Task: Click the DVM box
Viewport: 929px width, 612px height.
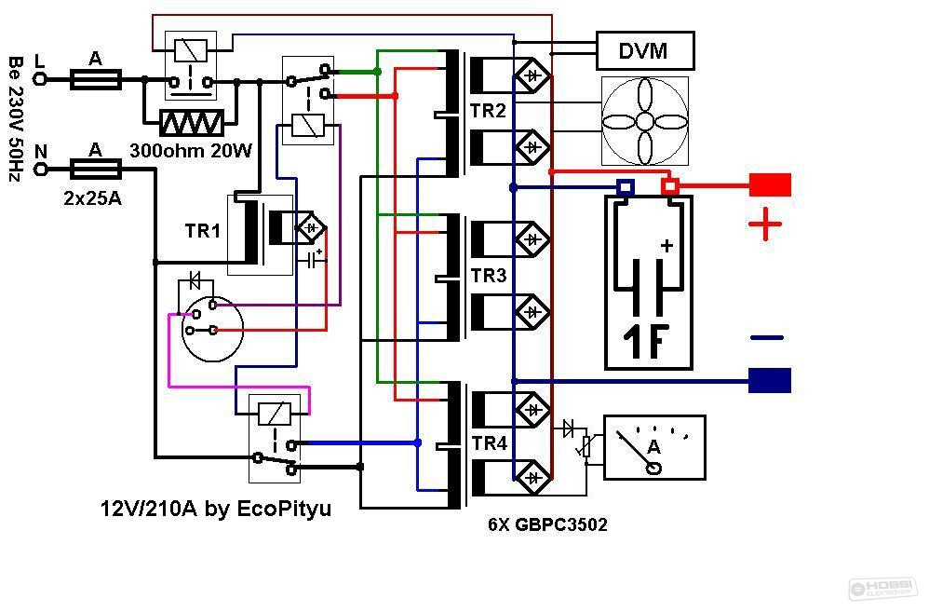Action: tap(644, 51)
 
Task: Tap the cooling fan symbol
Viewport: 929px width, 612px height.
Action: tap(644, 121)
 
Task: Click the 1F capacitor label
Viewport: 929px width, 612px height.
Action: tap(646, 341)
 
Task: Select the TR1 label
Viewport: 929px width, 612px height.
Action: tap(203, 231)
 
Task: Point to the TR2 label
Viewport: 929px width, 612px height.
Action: tap(488, 110)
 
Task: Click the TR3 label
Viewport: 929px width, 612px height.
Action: tap(489, 275)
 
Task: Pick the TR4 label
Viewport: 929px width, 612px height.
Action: tap(490, 443)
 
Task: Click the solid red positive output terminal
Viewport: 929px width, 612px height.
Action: tap(770, 185)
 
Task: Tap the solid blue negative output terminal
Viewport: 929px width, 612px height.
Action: tap(770, 381)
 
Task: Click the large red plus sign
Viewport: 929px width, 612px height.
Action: tap(765, 224)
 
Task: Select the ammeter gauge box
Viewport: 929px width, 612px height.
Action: tap(654, 448)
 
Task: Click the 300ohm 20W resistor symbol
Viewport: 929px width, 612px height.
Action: tap(192, 123)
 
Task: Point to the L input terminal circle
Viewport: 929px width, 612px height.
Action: tap(40, 79)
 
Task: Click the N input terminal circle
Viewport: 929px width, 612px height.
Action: tap(40, 170)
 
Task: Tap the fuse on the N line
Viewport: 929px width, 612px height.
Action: tap(96, 170)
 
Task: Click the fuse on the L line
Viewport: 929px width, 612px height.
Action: tap(96, 79)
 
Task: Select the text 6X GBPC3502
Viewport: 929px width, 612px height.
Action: tap(547, 524)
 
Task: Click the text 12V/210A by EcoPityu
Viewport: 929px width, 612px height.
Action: tap(216, 509)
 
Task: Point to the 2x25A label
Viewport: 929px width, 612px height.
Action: tap(92, 198)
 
